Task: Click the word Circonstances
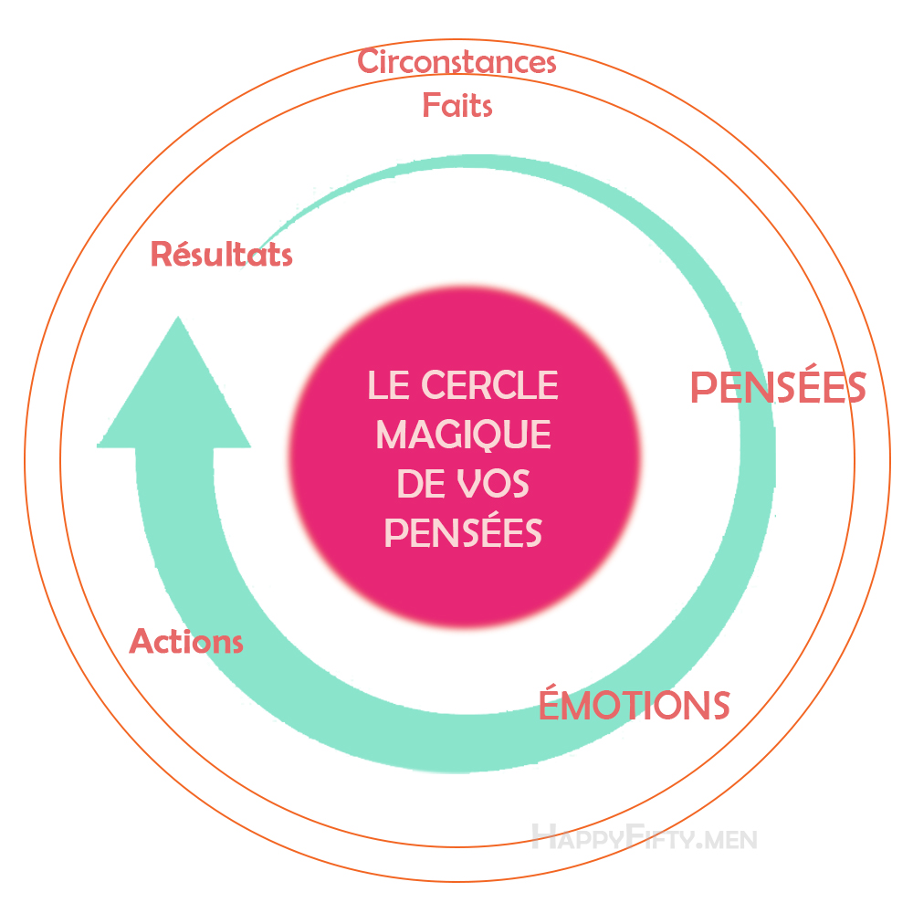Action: coord(456,63)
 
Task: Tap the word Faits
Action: coord(456,106)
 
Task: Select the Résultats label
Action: coord(221,254)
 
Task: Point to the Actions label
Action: coord(186,641)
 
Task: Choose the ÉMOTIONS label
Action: coord(634,705)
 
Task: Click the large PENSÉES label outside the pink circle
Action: coord(777,388)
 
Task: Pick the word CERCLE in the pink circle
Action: coord(489,385)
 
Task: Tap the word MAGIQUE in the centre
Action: coord(463,434)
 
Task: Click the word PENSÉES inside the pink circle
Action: coord(463,531)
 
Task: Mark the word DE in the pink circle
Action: coord(420,483)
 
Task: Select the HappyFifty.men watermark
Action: coord(644,836)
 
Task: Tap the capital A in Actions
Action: coord(141,641)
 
